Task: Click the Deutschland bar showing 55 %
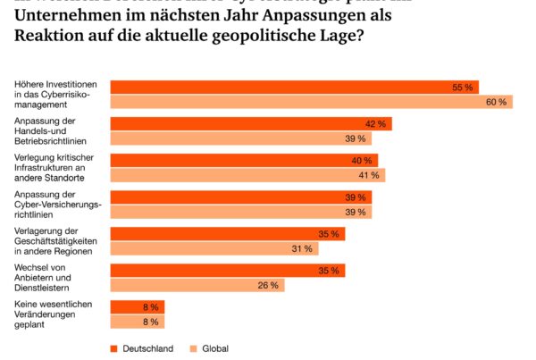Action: [295, 87]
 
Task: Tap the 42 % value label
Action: [375, 123]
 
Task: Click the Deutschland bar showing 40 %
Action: [244, 160]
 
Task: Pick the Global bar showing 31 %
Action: [214, 248]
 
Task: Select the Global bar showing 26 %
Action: [197, 285]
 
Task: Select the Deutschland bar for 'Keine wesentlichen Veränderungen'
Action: [137, 306]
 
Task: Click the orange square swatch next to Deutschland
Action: [113, 348]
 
